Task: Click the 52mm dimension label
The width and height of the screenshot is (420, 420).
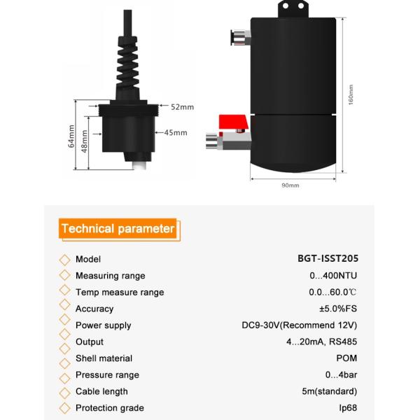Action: tap(182, 107)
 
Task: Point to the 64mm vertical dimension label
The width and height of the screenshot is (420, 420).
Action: tap(71, 136)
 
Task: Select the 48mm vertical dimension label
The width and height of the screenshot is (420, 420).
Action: tap(85, 141)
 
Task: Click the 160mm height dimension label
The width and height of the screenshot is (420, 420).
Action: tap(351, 95)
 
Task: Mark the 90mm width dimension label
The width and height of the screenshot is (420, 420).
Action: tap(290, 185)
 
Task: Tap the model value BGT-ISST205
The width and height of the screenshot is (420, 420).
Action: tap(328, 259)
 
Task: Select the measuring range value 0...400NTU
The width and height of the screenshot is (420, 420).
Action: tap(334, 276)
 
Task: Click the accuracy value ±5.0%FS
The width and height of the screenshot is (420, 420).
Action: tap(338, 309)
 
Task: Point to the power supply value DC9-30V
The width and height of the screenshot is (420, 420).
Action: tap(300, 325)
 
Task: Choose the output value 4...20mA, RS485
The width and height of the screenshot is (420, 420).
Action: tap(321, 342)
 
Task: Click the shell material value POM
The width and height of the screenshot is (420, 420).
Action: tap(346, 358)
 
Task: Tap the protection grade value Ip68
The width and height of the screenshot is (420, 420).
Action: tap(347, 408)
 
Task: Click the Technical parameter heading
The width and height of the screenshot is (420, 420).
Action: tap(118, 229)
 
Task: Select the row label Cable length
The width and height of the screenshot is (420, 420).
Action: tap(101, 391)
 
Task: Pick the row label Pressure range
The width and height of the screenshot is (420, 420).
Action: tap(107, 375)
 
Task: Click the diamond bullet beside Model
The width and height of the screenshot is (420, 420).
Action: tap(64, 259)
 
